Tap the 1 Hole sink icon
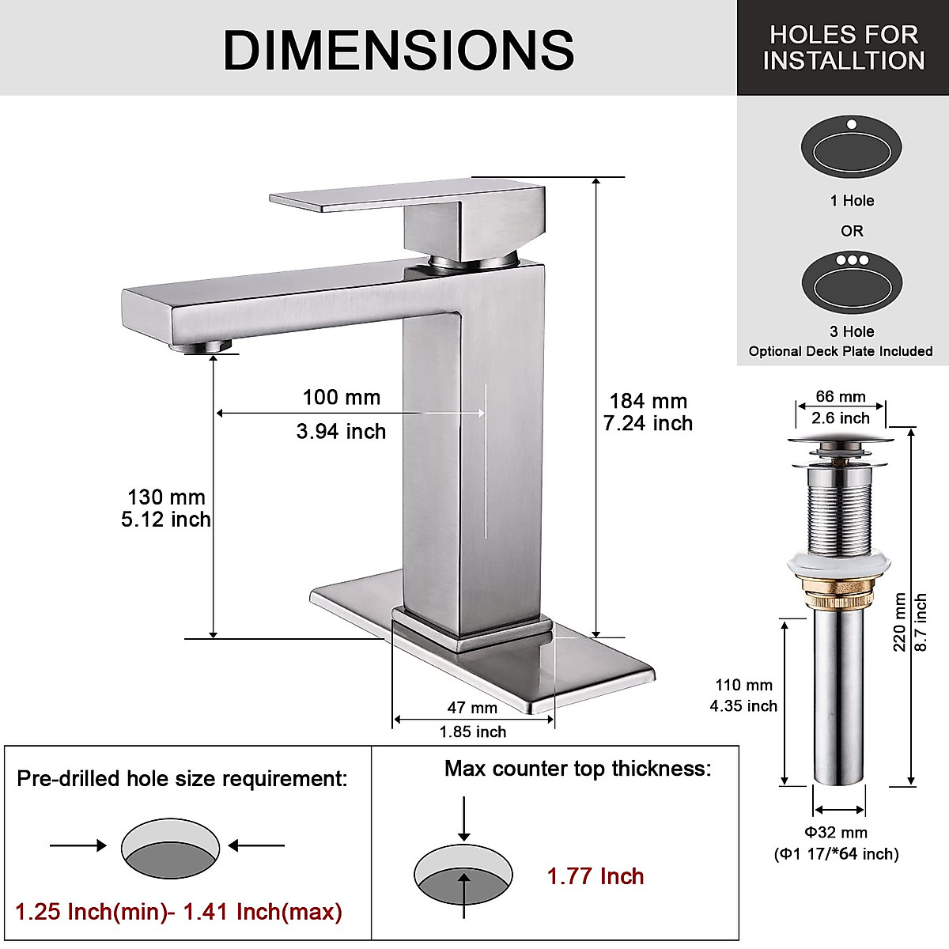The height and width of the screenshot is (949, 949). point(851,148)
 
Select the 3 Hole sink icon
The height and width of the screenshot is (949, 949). point(851,282)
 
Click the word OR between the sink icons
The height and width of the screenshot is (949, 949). point(852,231)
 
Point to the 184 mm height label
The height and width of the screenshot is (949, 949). point(648,401)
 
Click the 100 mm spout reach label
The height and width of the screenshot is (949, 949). point(341,398)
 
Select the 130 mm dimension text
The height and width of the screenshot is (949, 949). point(166,497)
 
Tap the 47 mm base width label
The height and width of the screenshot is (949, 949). point(472,708)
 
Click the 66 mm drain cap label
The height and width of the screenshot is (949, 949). point(841,397)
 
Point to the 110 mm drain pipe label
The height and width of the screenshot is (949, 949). point(743,686)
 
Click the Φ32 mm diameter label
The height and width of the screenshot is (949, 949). point(836,832)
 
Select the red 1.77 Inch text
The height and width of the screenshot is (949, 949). point(595,876)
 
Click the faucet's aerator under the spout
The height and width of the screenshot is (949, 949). point(210,346)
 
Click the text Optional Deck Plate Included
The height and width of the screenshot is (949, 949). point(841,351)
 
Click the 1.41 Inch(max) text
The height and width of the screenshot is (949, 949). point(263,912)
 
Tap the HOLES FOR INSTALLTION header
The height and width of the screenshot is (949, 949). point(843,47)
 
